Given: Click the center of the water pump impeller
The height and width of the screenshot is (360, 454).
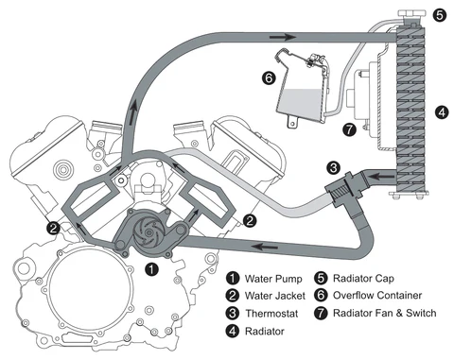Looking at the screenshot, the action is pos(148,232).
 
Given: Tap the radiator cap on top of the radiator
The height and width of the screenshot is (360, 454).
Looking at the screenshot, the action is pos(411,14).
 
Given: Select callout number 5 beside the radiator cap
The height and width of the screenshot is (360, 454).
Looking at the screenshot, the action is pos(439,15).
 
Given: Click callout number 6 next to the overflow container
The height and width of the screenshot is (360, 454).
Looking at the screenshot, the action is pos(269,77).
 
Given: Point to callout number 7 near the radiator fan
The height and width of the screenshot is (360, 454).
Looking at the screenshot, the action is pos(349,129).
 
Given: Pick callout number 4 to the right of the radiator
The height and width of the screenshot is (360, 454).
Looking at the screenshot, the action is pos(442,112).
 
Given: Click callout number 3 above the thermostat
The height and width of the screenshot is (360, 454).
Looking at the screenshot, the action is pos(333,167).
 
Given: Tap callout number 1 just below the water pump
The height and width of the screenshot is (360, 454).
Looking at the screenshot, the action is pos(152,269).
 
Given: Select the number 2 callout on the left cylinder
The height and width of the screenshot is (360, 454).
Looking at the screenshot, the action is pos(53,228).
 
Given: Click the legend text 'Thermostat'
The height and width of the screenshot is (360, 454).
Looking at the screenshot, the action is pos(271,314).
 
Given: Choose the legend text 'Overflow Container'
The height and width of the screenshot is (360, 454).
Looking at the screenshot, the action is pos(377,296).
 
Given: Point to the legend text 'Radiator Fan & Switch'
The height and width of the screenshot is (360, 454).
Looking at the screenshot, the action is pos(385,314).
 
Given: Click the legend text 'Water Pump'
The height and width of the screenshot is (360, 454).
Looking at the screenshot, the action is pos(273,279).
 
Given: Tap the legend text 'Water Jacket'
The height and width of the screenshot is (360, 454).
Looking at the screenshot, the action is pos(275,296).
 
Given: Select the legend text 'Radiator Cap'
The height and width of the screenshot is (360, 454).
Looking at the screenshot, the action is pos(363,279).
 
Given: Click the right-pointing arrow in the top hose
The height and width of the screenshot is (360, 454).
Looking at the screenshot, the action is pos(283,38).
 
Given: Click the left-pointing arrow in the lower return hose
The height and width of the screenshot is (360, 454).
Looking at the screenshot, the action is pos(266,247).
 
